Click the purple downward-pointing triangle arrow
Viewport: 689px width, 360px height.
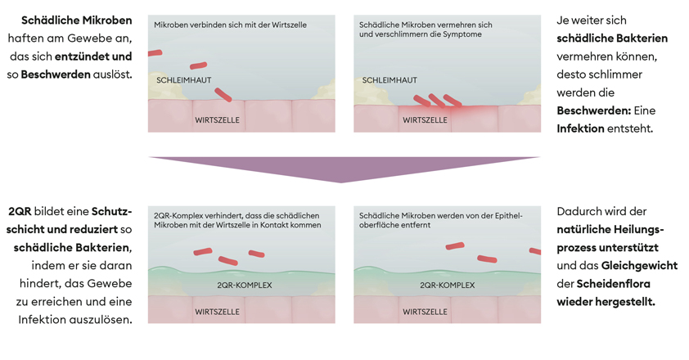[x=344, y=168]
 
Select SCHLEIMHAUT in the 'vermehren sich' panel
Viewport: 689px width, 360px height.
[x=390, y=80]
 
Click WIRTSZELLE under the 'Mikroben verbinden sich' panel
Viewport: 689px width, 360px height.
[x=217, y=120]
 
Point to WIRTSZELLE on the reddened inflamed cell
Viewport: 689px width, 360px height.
[x=426, y=120]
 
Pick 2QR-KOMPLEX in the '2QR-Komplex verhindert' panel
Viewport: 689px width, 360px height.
[x=245, y=286]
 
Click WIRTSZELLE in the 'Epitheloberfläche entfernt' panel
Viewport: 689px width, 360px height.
[x=426, y=312]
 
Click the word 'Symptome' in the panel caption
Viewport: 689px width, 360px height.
[x=461, y=35]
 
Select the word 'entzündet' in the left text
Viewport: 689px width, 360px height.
[x=81, y=56]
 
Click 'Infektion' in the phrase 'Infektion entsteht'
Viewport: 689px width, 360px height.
[x=580, y=128]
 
